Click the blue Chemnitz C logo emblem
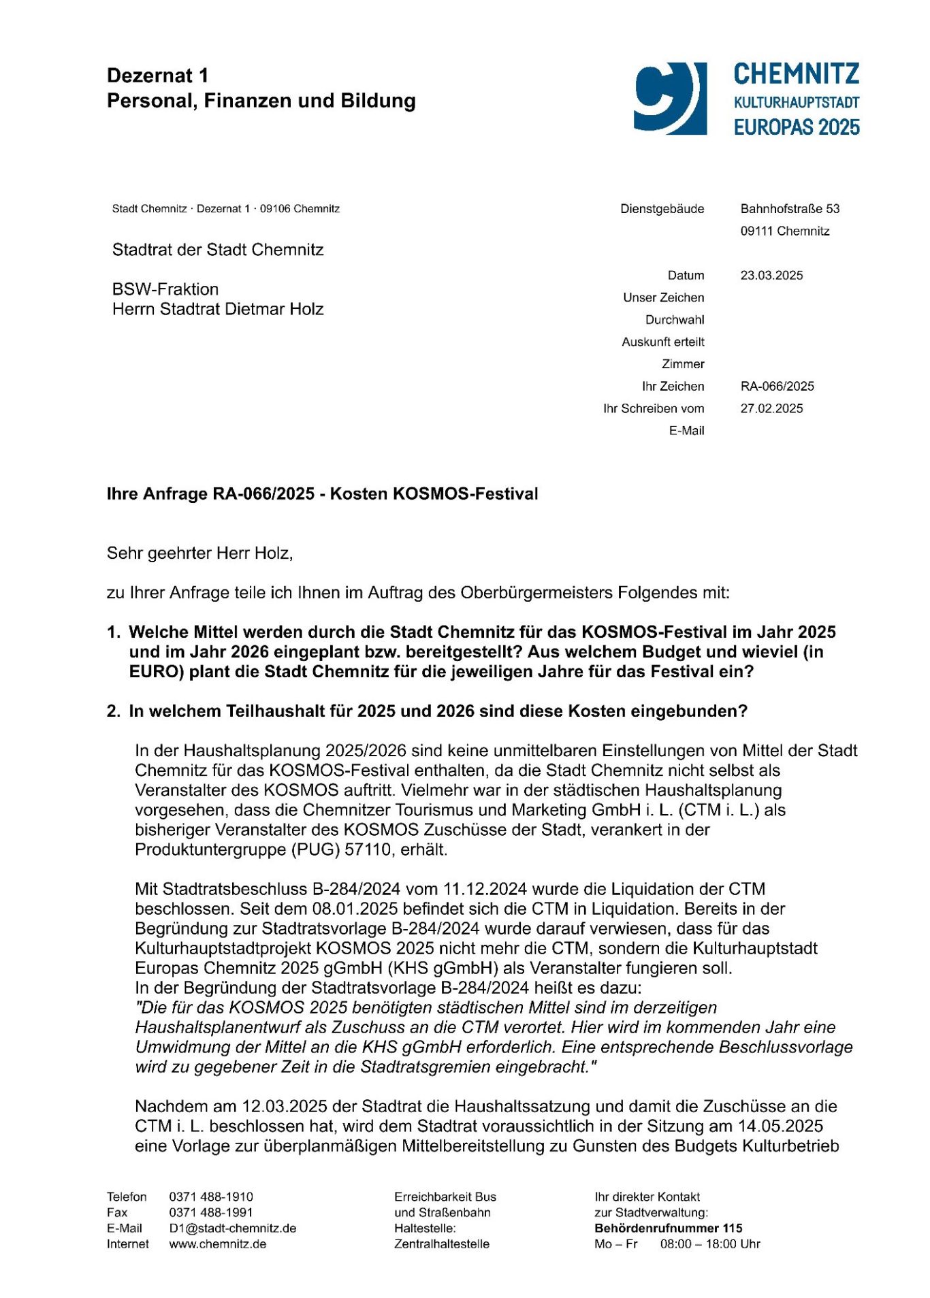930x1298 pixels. pos(670,98)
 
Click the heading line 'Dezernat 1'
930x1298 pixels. pos(158,76)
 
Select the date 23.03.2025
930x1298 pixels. pos(771,276)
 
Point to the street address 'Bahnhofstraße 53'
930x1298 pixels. pos(790,209)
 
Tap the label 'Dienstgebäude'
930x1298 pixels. pos(662,209)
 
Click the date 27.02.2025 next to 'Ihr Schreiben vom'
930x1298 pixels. pos(771,409)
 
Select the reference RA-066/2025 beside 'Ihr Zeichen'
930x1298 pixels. pos(777,387)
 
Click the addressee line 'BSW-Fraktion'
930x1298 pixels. pos(165,289)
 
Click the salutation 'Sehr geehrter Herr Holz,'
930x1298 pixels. pos(199,553)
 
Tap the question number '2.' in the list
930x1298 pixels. pos(114,711)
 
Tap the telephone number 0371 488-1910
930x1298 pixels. pos(211,1197)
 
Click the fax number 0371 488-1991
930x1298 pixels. pos(211,1213)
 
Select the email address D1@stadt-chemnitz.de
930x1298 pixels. pos(232,1229)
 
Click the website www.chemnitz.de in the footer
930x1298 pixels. pos(217,1244)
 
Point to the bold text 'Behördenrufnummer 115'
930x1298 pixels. pos(668,1229)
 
